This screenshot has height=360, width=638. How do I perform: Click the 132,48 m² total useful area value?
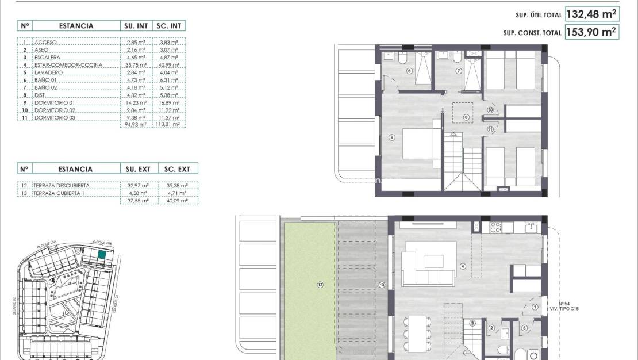pos(591,14)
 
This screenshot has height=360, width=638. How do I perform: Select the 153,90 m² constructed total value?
pos(591,32)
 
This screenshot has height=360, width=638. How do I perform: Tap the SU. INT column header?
pos(137,26)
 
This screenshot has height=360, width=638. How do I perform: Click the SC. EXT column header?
pos(177,169)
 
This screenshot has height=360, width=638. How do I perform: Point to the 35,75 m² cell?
pos(137,65)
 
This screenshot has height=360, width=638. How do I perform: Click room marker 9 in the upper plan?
pos(391,137)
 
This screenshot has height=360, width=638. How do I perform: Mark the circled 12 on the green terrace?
pos(320,284)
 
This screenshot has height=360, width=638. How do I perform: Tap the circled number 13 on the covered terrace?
pos(382,284)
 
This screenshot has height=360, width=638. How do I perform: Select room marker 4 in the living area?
pos(463,266)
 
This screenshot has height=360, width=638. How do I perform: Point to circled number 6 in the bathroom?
pos(409,71)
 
